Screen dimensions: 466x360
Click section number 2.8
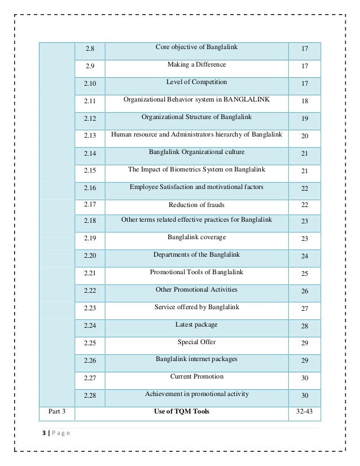(90, 49)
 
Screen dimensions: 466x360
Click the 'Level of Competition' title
(196, 82)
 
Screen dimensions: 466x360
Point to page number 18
(305, 102)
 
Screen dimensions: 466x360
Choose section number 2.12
(90, 119)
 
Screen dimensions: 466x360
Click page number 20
(305, 137)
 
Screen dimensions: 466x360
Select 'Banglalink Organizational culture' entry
(196, 152)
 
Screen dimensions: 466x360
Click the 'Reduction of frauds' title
(196, 204)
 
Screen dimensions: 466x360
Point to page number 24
(305, 256)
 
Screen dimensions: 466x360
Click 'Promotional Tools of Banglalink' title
(196, 272)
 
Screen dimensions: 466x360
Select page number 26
(305, 291)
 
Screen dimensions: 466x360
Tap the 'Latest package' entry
(196, 324)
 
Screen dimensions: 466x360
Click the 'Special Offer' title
(196, 342)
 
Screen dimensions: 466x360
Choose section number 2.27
(90, 378)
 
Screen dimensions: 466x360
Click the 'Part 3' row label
(56, 411)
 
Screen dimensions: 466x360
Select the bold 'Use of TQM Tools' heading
(182, 411)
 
